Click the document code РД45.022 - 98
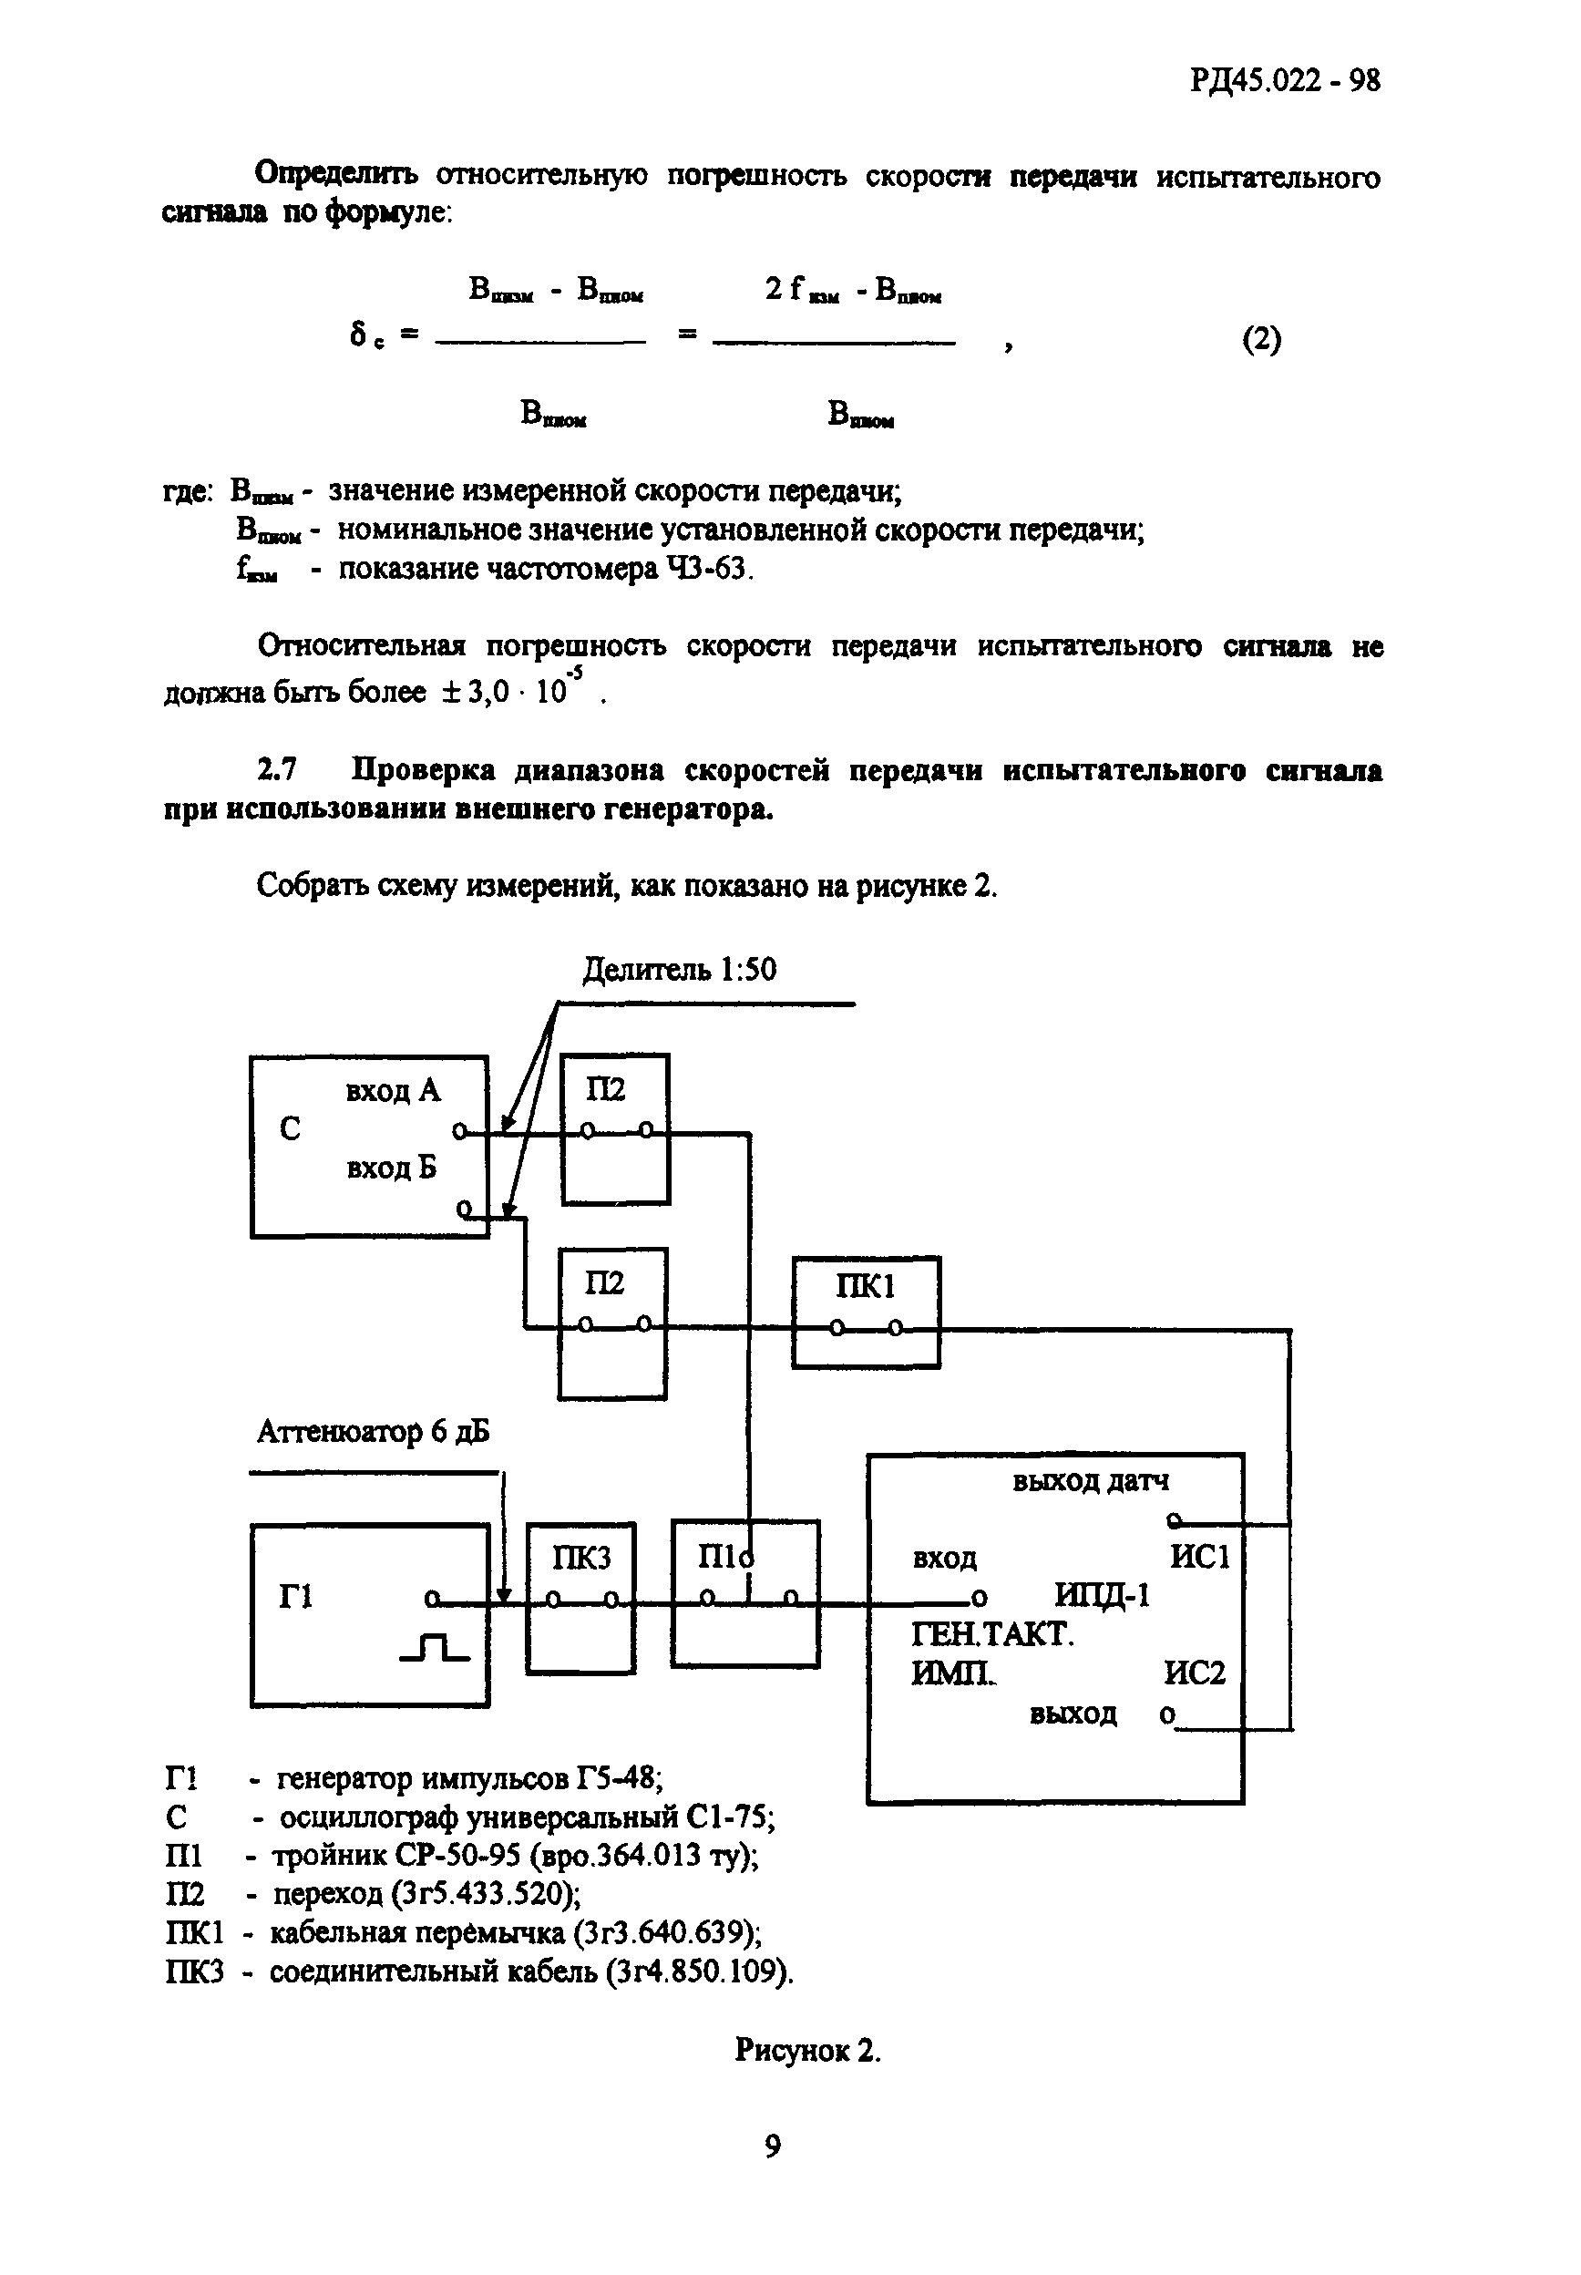coord(1285,79)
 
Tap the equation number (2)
coord(1261,340)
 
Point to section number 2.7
coord(277,770)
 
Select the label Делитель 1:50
coord(679,968)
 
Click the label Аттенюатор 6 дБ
coord(373,1432)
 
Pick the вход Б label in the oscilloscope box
coord(391,1168)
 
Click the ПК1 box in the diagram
coord(866,1312)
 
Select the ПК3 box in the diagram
coord(580,1597)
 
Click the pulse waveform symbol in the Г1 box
coord(434,1648)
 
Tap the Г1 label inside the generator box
coord(296,1596)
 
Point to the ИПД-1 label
coord(1102,1595)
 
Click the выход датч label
coord(1090,1481)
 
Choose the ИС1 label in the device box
coord(1199,1558)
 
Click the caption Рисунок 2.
coord(807,2050)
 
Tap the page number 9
coord(773,2146)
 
